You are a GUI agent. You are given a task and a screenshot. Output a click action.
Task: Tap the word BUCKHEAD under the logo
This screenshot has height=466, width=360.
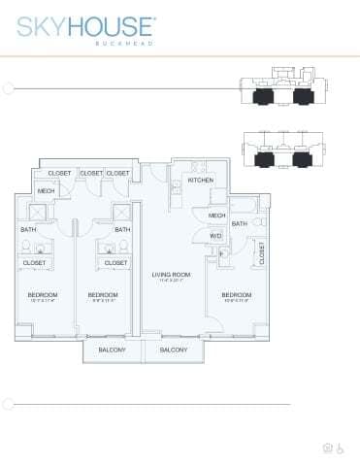click(124, 45)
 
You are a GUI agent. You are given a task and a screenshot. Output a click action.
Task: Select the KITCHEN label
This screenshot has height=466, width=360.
click(200, 181)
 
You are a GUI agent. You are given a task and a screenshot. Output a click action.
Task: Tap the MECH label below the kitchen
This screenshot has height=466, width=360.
click(216, 215)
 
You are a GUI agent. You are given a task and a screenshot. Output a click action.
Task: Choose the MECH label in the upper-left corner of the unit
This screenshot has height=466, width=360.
click(46, 191)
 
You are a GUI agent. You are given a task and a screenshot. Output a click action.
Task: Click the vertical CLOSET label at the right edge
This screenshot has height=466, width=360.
click(262, 252)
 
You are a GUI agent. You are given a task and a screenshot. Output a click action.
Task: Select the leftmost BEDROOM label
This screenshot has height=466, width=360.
click(42, 295)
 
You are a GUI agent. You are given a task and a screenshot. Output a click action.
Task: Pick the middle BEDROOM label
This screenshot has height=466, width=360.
click(102, 295)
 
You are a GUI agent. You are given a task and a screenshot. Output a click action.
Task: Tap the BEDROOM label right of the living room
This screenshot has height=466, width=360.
click(236, 295)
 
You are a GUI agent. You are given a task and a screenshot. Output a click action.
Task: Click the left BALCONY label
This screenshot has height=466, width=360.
click(114, 349)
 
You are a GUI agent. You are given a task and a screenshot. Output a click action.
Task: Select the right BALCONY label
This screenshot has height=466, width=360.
click(174, 349)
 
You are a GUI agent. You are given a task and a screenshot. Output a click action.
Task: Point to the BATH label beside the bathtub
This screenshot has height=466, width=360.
click(239, 223)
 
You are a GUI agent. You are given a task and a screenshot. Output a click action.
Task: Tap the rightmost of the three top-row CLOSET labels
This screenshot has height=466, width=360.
click(117, 173)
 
